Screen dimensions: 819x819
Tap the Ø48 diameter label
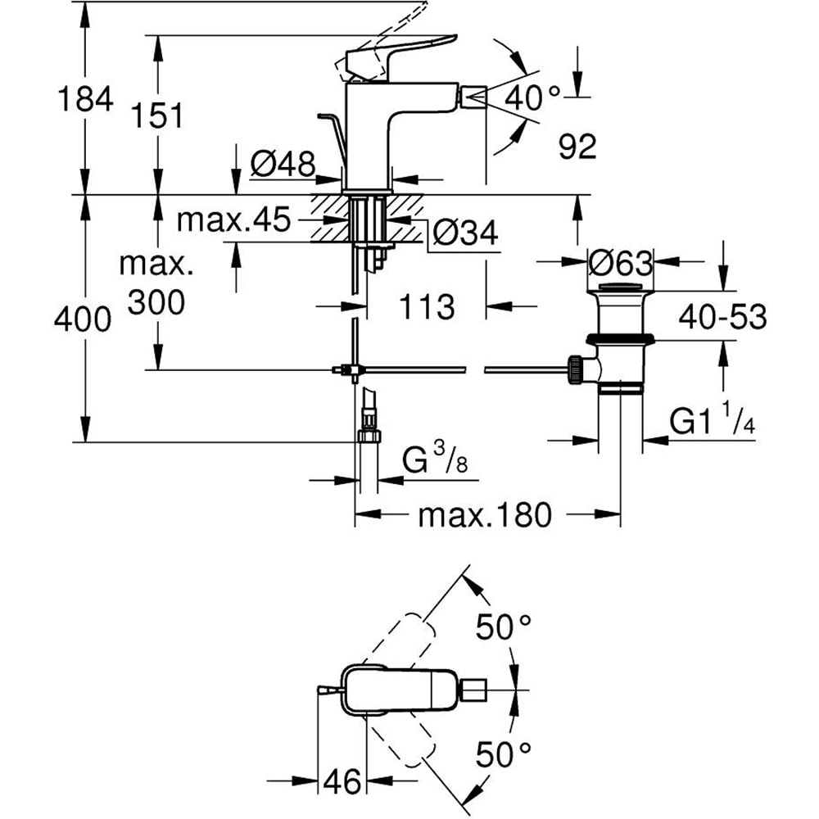tap(283, 165)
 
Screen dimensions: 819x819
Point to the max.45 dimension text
tap(234, 219)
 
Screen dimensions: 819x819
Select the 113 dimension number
tap(427, 307)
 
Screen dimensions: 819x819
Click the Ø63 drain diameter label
tap(620, 263)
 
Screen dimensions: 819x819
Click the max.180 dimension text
tap(485, 515)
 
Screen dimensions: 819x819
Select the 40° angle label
tap(532, 97)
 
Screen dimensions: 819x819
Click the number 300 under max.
tap(156, 304)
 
